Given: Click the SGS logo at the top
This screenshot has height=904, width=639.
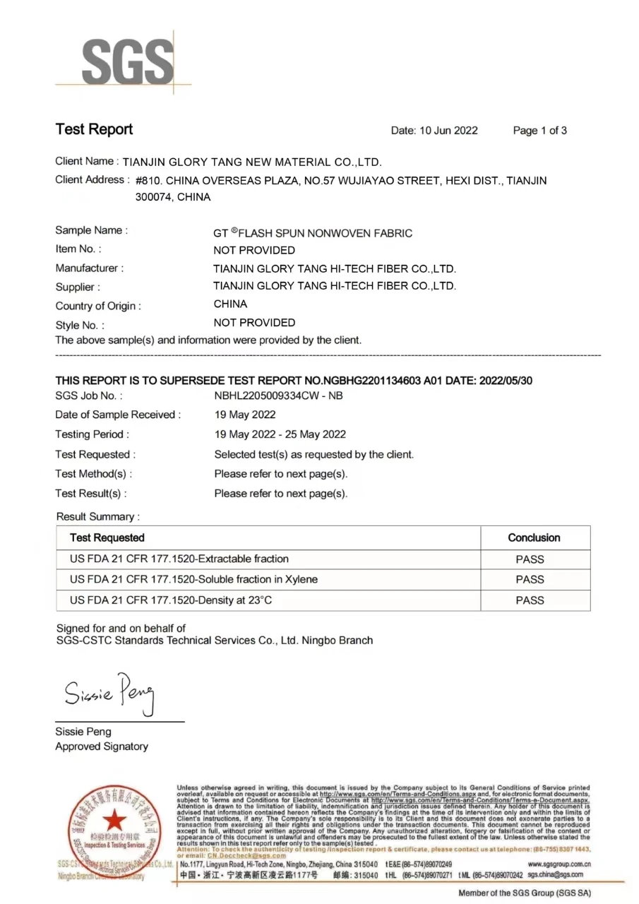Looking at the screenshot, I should point(127,62).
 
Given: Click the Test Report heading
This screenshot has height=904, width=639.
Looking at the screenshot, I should point(94,129).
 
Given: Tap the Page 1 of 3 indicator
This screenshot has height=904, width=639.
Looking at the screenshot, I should point(539,131).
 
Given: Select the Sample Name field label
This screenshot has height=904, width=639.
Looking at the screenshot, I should point(91,230).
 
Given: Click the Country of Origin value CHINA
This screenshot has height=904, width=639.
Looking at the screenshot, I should point(230,304).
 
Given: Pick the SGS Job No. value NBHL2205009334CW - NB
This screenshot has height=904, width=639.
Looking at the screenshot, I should point(278,396).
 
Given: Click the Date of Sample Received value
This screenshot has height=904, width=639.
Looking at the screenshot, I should point(245,415).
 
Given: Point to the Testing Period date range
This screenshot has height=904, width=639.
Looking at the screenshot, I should point(280,434).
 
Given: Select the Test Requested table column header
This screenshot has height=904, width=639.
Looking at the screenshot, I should point(107,537).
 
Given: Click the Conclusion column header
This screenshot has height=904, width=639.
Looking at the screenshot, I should point(534,537).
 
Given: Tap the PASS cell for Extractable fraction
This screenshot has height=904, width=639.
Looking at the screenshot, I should point(530,559).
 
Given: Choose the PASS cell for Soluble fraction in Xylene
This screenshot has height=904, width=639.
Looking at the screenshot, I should point(530,579).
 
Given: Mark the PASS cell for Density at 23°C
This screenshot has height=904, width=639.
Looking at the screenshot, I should point(530,600).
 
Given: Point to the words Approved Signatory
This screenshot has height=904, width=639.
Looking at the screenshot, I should point(102,747).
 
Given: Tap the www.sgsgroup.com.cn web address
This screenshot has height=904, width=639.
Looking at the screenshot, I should point(559,864).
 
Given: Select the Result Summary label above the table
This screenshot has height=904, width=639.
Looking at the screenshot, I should point(97,517).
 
